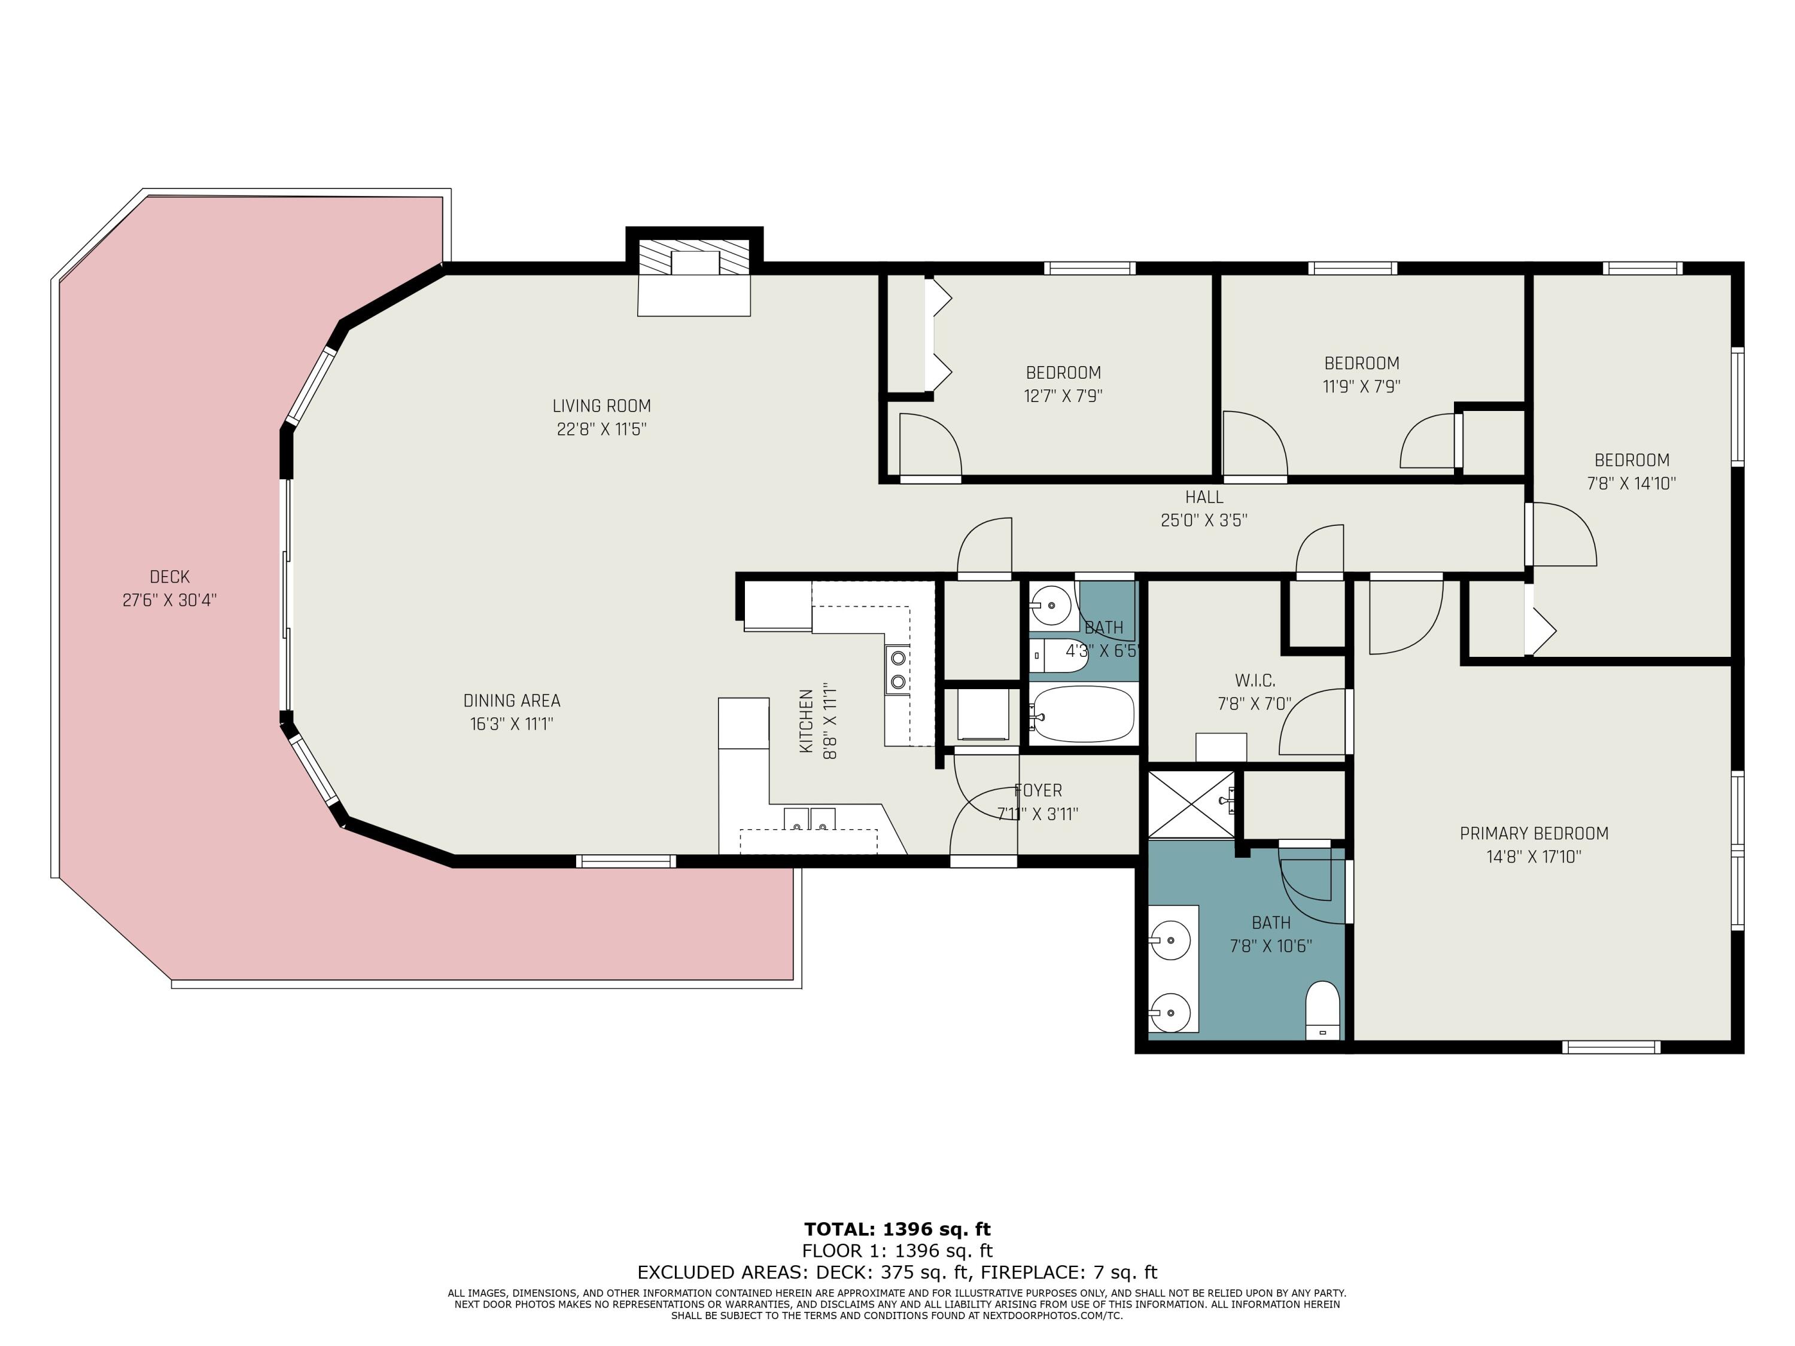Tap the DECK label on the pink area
pyautogui.click(x=169, y=577)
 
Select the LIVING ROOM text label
pyautogui.click(x=601, y=406)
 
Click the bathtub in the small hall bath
pyautogui.click(x=1084, y=714)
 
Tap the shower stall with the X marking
pyautogui.click(x=1191, y=803)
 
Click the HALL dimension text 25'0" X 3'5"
pyautogui.click(x=1203, y=520)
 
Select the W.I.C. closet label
pyautogui.click(x=1255, y=681)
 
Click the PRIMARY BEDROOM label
pyautogui.click(x=1534, y=833)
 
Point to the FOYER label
pyautogui.click(x=1038, y=790)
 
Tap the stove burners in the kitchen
pyautogui.click(x=898, y=670)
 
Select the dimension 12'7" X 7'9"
pyautogui.click(x=1063, y=396)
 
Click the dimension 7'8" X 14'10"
pyautogui.click(x=1631, y=483)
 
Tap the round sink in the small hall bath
pyautogui.click(x=1052, y=604)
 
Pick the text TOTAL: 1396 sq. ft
pyautogui.click(x=898, y=1229)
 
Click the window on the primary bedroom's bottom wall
pyautogui.click(x=1611, y=1047)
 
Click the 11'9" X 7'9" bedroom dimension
pyautogui.click(x=1362, y=386)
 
